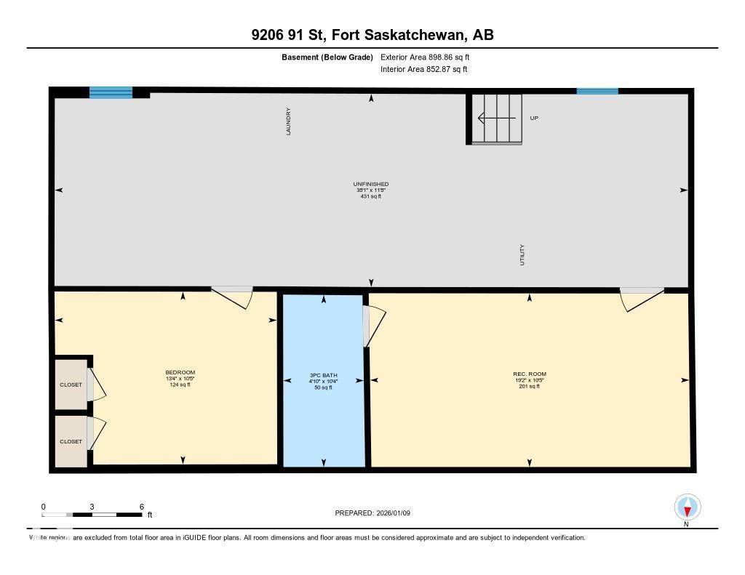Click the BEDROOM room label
[x=180, y=372]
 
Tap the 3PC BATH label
[x=323, y=376]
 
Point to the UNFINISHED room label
[x=370, y=185]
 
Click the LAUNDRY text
[x=289, y=121]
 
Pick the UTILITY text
[x=522, y=254]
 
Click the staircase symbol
[x=495, y=118]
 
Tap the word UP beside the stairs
[x=534, y=118]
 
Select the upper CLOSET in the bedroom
[x=71, y=385]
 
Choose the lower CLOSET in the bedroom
[x=71, y=441]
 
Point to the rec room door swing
[x=640, y=297]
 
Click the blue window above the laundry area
[x=111, y=92]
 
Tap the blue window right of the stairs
[x=597, y=92]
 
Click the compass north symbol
[x=687, y=507]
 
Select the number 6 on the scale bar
[x=141, y=507]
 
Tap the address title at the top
[x=372, y=35]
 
